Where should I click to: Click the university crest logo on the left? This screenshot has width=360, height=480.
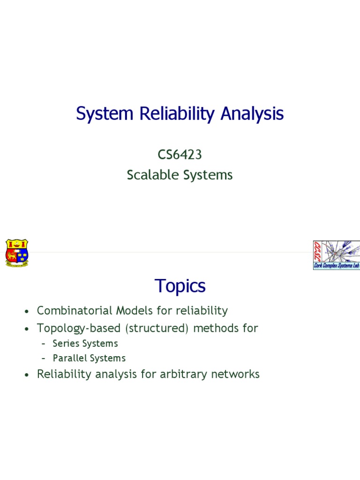pyautogui.click(x=17, y=253)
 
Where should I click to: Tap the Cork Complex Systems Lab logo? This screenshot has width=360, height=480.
pyautogui.click(x=336, y=255)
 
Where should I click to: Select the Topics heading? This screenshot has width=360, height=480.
pyautogui.click(x=180, y=285)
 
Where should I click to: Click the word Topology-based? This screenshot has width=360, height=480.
pyautogui.click(x=81, y=328)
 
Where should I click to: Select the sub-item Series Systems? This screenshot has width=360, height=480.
pyautogui.click(x=85, y=343)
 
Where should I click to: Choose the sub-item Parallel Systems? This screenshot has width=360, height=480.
pyautogui.click(x=89, y=358)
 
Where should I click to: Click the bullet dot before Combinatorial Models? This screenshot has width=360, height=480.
pyautogui.click(x=28, y=312)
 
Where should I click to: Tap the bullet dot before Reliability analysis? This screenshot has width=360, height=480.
pyautogui.click(x=28, y=375)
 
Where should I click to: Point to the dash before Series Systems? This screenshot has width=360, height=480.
pyautogui.click(x=43, y=344)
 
